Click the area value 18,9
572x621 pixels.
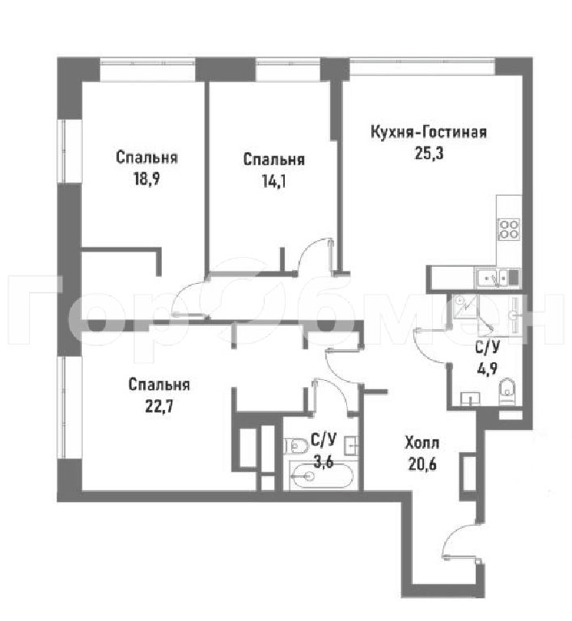pyautogui.click(x=146, y=180)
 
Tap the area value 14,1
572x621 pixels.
pyautogui.click(x=274, y=181)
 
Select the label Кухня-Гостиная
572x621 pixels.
pyautogui.click(x=429, y=132)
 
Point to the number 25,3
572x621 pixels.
pyautogui.click(x=429, y=154)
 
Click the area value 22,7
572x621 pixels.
pyautogui.click(x=159, y=407)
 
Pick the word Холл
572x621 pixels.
pyautogui.click(x=422, y=442)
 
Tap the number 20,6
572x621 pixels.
pyautogui.click(x=422, y=464)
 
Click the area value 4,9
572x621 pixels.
pyautogui.click(x=487, y=369)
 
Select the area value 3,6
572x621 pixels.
pyautogui.click(x=323, y=462)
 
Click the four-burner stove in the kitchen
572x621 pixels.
pyautogui.click(x=509, y=229)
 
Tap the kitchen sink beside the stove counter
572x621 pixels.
pyautogui.click(x=492, y=277)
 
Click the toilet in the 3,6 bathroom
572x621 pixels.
pyautogui.click(x=296, y=446)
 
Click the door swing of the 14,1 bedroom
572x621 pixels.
pyautogui.click(x=313, y=254)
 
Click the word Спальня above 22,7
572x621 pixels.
pyautogui.click(x=159, y=385)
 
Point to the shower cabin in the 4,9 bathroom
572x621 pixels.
pyautogui.click(x=465, y=306)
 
